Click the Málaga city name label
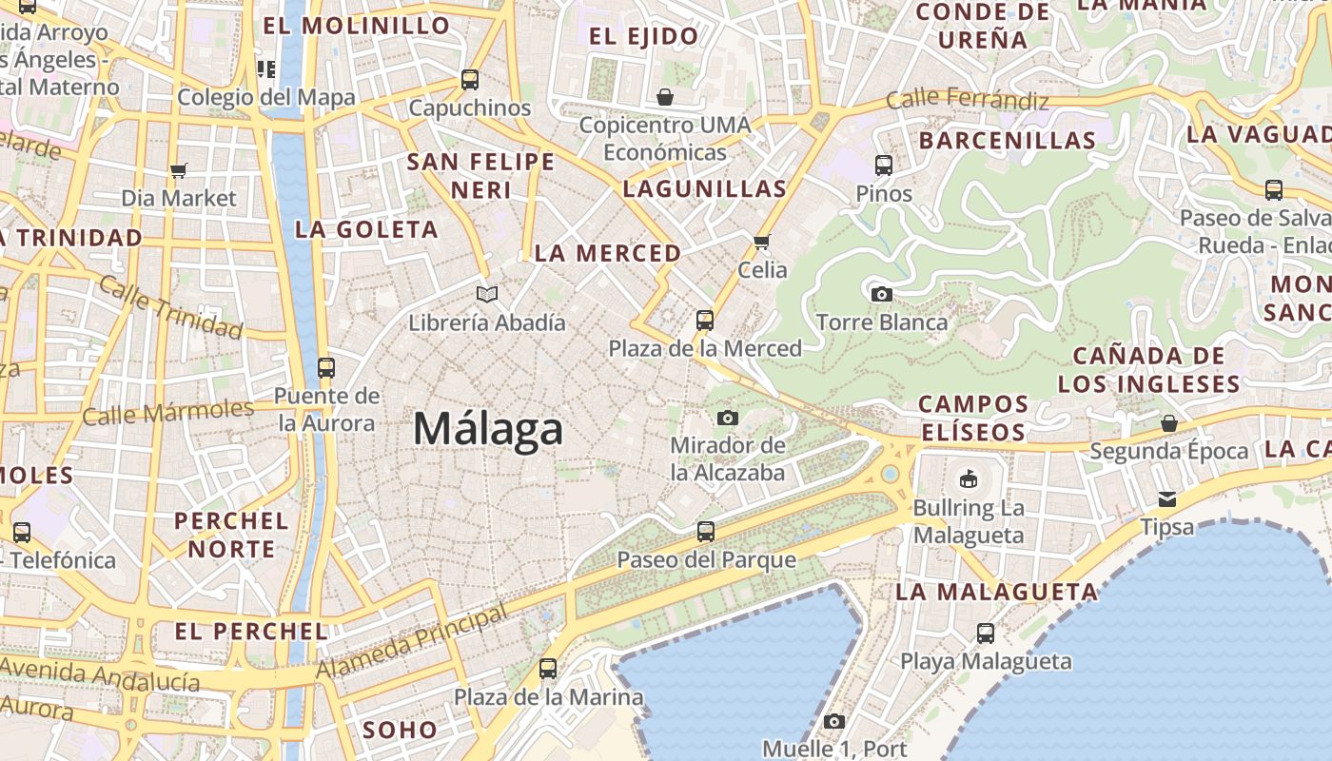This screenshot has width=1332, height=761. coord(488,429)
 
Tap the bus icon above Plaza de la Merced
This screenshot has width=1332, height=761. coord(704,321)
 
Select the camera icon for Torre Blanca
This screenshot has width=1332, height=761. coord(882,294)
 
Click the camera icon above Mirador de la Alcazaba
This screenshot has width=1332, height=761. coord(727,418)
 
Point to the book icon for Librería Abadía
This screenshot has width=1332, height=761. coord(487,295)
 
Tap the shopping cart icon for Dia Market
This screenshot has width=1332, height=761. coord(178,171)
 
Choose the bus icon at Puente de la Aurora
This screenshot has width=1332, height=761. coord(326,367)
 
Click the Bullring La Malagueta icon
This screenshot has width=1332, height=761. coord(969,478)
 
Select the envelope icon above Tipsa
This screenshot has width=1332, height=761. coord(1167,499)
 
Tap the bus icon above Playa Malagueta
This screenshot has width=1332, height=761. coord(986,633)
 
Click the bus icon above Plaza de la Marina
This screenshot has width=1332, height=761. coord(547,669)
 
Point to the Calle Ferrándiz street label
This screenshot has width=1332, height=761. coord(968,100)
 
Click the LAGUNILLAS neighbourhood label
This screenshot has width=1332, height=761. coord(705,188)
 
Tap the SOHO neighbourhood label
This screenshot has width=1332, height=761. coord(400,731)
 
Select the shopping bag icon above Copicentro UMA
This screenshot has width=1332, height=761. coord(664,97)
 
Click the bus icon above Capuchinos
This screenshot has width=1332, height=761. coord(469,79)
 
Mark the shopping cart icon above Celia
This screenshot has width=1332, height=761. coord(761,242)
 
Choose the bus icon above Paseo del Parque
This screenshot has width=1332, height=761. coord(705,531)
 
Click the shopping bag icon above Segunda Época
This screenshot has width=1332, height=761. coord(1168,423)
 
